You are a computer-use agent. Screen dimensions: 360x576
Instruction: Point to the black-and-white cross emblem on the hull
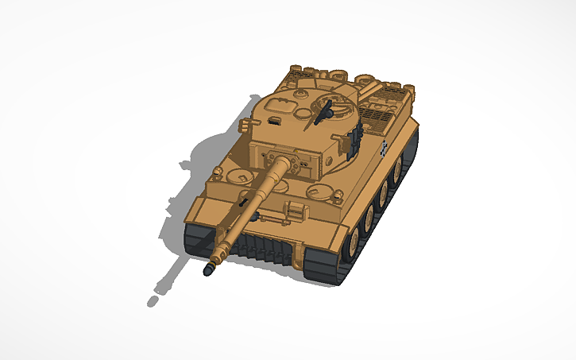(x=386, y=147)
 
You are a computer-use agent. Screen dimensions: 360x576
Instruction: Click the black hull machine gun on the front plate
(x=238, y=203)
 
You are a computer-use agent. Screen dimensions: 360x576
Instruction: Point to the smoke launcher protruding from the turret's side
(x=245, y=126)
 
